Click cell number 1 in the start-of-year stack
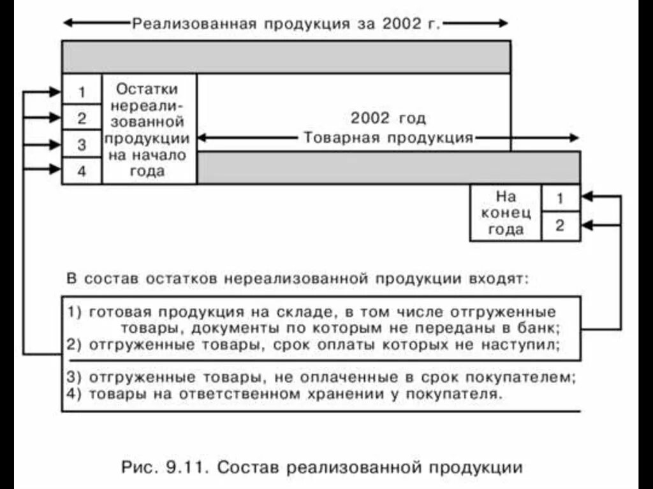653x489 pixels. pyautogui.click(x=82, y=92)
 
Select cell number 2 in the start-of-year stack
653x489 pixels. pyautogui.click(x=82, y=118)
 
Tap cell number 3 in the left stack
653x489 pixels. pyautogui.click(x=82, y=145)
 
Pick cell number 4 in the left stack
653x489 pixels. pyautogui.click(x=82, y=171)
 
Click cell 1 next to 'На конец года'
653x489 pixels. pyautogui.click(x=560, y=198)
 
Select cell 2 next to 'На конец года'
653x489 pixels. pyautogui.click(x=560, y=226)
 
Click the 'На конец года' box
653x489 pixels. pyautogui.click(x=506, y=213)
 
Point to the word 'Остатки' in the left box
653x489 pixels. pyautogui.click(x=147, y=89)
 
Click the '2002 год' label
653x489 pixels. pyautogui.click(x=388, y=119)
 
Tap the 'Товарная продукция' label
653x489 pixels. pyautogui.click(x=388, y=138)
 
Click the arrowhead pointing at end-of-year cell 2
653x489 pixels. pyautogui.click(x=588, y=225)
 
